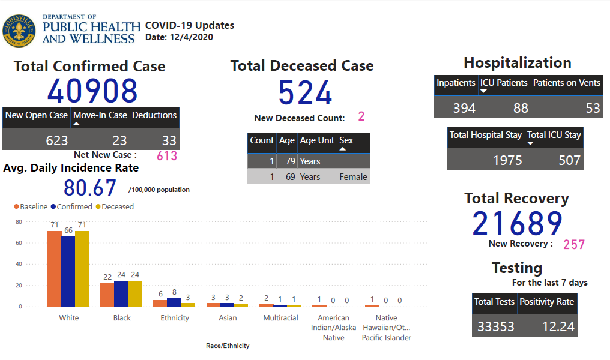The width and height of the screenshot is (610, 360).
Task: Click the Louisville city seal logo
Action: pos(19,31)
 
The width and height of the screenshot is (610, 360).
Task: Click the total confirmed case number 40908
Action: pos(92,91)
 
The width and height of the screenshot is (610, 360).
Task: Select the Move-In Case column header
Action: pos(100,115)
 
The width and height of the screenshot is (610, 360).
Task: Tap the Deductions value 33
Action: pos(169,140)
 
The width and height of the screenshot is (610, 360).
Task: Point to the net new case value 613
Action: pos(166,156)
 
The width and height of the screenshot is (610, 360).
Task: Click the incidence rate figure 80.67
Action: pos(90,188)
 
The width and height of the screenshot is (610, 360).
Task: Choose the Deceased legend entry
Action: pos(117,207)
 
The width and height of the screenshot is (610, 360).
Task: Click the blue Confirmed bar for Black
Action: pos(121,293)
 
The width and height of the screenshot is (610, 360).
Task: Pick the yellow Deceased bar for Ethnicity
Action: pos(189,304)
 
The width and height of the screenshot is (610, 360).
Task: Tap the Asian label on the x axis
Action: pos(228,318)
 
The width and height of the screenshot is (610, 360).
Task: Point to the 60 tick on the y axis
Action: pos(19,243)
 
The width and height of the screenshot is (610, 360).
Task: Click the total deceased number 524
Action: pos(305,94)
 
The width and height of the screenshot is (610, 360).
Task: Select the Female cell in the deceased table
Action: pos(353,177)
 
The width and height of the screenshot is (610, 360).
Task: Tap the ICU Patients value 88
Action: pos(521,108)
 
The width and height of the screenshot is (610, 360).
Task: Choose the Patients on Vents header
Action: pos(566,83)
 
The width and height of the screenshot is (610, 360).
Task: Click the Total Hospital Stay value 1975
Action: pos(507,160)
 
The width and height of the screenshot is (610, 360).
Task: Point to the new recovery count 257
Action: pos(573,244)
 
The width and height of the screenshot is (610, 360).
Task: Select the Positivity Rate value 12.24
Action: pos(559,327)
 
